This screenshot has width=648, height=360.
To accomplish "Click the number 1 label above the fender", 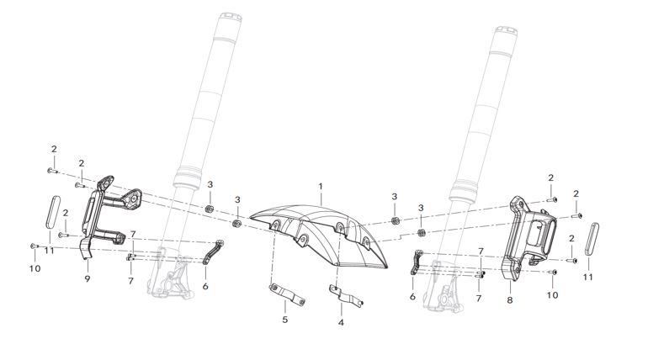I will pos(320,185).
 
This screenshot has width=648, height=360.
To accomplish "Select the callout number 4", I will pos(341,321).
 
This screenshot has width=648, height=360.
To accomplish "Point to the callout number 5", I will pos(284,320).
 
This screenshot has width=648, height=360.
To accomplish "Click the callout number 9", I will pos(88,277).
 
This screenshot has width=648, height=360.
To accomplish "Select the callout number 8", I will pos(510,298).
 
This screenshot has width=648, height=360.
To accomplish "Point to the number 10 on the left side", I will pos(34,269).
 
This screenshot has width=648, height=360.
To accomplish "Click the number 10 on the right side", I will pos(552,295).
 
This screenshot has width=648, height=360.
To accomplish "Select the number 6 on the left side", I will pos(205,286).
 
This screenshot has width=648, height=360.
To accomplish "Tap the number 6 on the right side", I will pos(412,297).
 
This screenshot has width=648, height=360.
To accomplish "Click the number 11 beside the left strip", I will pos(50,250).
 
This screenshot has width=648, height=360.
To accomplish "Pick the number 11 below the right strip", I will pos(587,277).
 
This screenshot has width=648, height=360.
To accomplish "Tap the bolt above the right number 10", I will pos(552,273).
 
